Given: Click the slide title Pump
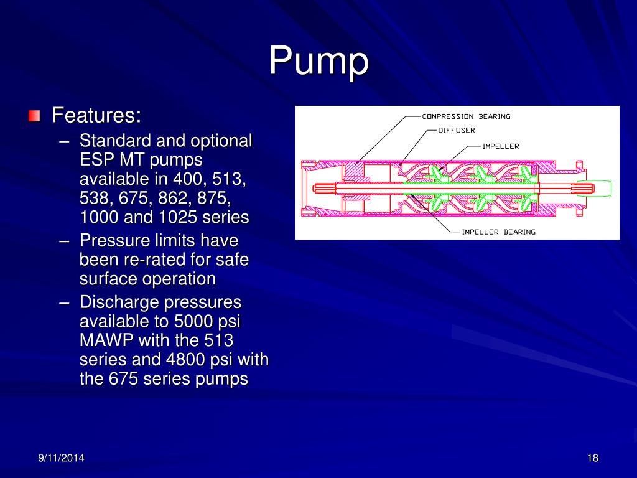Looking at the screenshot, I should (318, 62).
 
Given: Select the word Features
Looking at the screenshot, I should (96, 116).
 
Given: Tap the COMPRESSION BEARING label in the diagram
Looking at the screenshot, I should (466, 116).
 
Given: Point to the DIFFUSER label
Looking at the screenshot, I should (457, 131).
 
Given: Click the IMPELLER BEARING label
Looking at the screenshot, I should (498, 232).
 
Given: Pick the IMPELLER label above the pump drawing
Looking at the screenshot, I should (501, 147).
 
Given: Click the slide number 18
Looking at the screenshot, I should (592, 459).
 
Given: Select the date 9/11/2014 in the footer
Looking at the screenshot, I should (62, 459).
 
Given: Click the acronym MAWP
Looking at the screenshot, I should (106, 341).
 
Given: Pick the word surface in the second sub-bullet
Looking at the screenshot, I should (108, 278).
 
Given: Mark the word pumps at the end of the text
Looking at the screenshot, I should (222, 378).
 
